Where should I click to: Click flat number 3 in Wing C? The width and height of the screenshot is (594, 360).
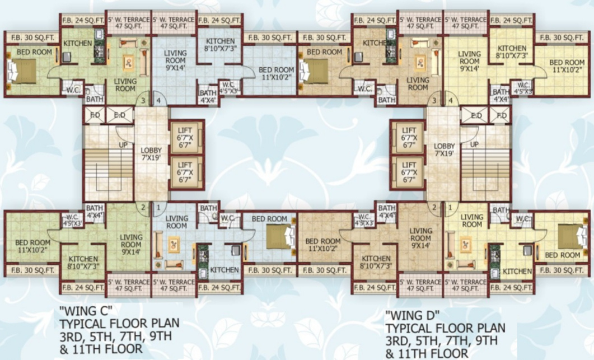(144, 101)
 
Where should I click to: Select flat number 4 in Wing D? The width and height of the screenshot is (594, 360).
(450, 101)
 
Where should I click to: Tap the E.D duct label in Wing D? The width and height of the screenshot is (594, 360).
(477, 116)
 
